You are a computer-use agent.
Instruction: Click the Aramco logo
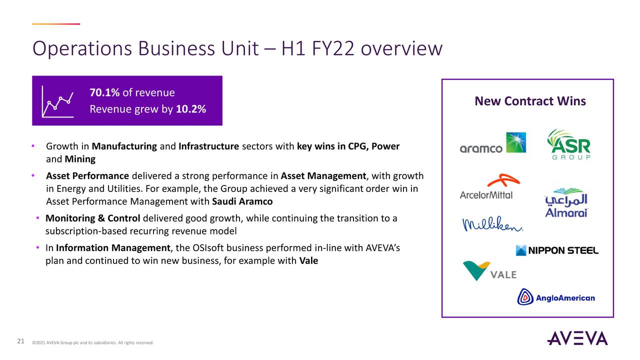(492, 143)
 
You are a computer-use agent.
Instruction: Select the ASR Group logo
(568, 144)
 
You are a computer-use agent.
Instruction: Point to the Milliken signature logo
(492, 225)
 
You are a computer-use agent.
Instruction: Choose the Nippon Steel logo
(557, 250)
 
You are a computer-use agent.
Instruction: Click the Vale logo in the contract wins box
(489, 271)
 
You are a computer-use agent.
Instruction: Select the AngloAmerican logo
(556, 297)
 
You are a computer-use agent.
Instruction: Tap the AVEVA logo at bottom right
(577, 338)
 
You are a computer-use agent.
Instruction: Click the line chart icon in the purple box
(58, 101)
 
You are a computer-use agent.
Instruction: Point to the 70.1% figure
(104, 92)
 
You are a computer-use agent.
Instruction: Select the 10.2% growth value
(191, 109)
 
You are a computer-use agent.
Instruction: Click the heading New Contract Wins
(530, 101)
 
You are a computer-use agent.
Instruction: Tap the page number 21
(20, 341)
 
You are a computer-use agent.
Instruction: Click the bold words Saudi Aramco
(242, 202)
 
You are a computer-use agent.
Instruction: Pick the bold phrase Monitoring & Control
(93, 218)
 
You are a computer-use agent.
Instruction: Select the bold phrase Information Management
(113, 248)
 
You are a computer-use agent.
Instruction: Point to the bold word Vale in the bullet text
(308, 260)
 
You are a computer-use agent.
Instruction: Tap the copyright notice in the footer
(92, 342)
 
